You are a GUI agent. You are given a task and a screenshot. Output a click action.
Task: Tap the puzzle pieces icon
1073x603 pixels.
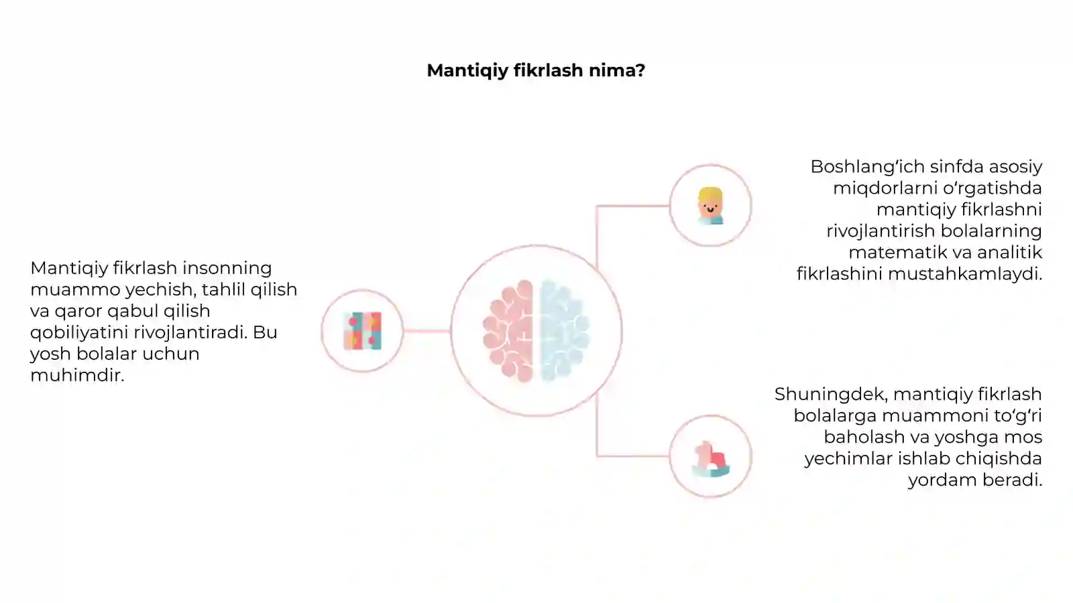pos(363,331)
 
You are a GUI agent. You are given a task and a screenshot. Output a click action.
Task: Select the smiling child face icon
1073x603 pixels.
pos(710,206)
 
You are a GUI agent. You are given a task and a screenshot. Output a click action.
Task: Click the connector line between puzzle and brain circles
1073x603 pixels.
pos(427,331)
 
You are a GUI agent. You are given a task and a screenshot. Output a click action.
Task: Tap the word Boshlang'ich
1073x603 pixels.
pos(867,167)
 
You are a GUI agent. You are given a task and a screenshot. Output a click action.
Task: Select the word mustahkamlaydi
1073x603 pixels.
pos(966,274)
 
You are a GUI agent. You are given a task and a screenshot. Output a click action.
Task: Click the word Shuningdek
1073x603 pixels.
pos(832,395)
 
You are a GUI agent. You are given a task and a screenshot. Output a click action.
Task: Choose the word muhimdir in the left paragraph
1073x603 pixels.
pos(77,375)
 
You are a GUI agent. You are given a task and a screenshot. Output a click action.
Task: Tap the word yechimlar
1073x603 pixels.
pos(848,459)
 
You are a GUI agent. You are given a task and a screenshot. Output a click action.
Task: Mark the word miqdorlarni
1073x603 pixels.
pos(885,188)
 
